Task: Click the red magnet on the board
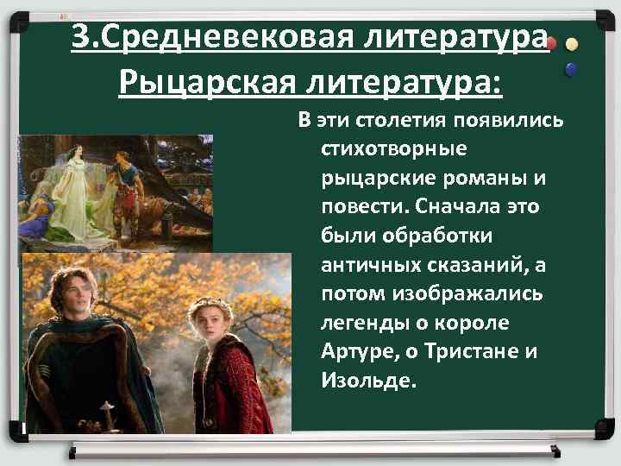pyautogui.click(x=552, y=41)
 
